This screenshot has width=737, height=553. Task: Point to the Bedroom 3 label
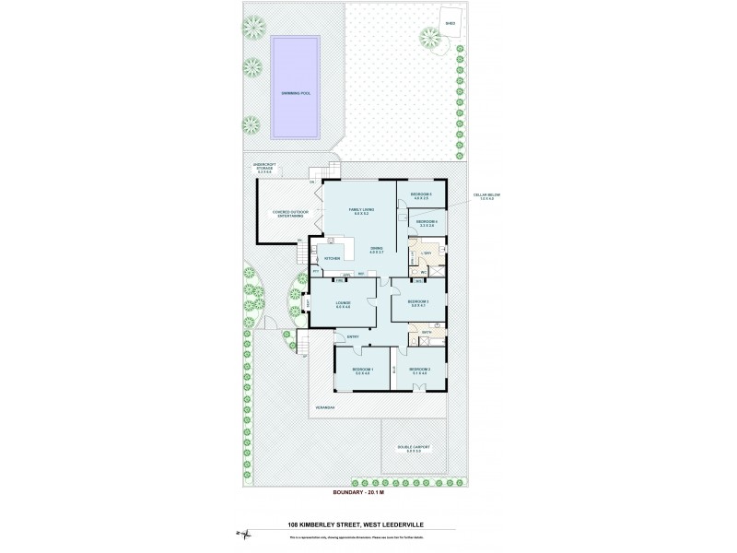coord(419,303)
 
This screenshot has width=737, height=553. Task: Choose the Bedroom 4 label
coord(425,223)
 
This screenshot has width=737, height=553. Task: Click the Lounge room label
coord(343,305)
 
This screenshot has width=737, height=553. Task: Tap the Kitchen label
coord(331,259)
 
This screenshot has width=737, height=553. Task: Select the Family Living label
coord(359,213)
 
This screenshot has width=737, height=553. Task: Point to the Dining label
coord(378,250)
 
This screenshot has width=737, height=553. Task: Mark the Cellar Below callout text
coord(485,195)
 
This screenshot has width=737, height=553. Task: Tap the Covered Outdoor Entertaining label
coord(282,214)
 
